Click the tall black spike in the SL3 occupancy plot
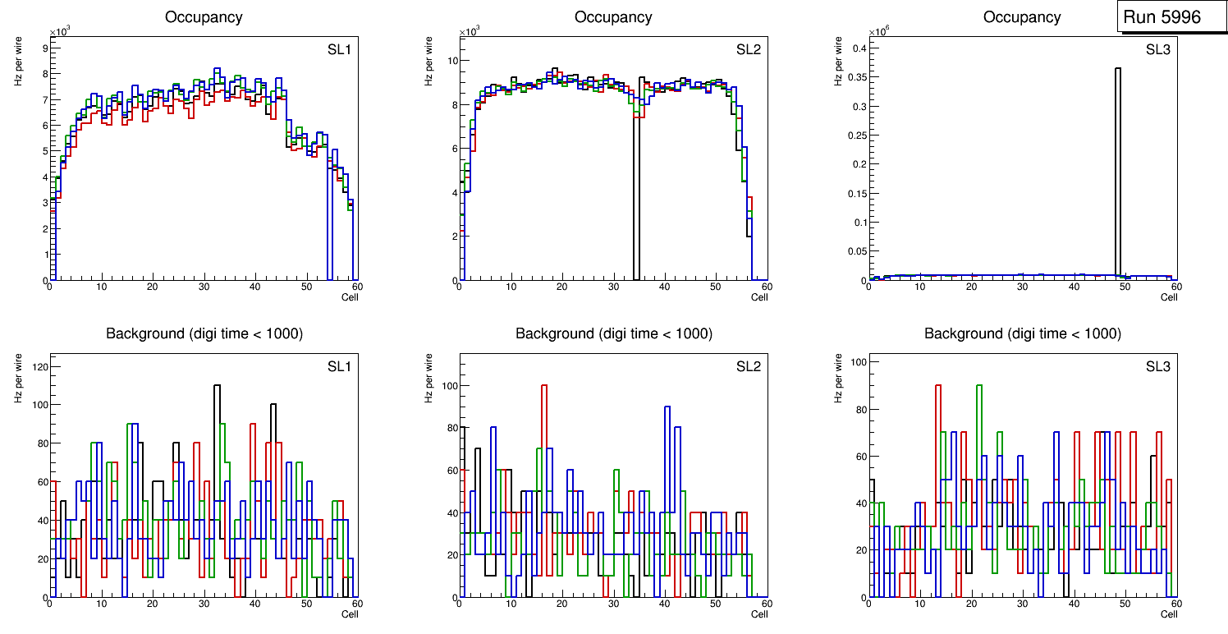[x=1118, y=164]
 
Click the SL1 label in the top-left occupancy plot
[x=340, y=49]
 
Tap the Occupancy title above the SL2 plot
[x=613, y=17]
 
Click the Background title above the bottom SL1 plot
[x=204, y=333]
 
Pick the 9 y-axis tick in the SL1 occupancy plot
[x=43, y=48]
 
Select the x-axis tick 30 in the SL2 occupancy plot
[x=612, y=287]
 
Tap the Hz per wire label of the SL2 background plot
[x=428, y=378]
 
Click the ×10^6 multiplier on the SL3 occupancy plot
[x=881, y=31]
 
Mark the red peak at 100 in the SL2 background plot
[x=543, y=386]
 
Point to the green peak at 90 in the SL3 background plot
[x=978, y=386]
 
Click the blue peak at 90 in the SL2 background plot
[x=667, y=407]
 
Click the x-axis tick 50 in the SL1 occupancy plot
[x=306, y=287]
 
